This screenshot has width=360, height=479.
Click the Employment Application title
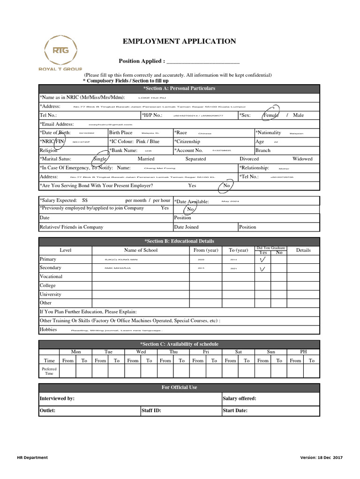[x=179, y=42]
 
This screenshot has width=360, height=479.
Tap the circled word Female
[x=271, y=115]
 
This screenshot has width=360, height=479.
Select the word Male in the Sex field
[x=298, y=115]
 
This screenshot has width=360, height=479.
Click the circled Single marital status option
[x=100, y=159]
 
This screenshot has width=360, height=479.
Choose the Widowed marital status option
[x=302, y=159]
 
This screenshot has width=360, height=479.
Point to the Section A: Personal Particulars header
[x=179, y=88]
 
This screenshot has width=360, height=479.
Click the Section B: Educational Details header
[x=179, y=241]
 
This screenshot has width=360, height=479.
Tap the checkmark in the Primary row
[x=262, y=260]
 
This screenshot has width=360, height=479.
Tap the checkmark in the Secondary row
[x=262, y=269]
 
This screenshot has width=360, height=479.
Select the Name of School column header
[x=141, y=250]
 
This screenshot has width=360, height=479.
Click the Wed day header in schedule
[x=141, y=351]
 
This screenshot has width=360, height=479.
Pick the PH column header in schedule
[x=303, y=351]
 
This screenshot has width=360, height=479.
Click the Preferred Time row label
[x=49, y=371]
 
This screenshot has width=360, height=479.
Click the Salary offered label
[x=240, y=399]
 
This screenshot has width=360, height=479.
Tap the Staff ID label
[x=151, y=411]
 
